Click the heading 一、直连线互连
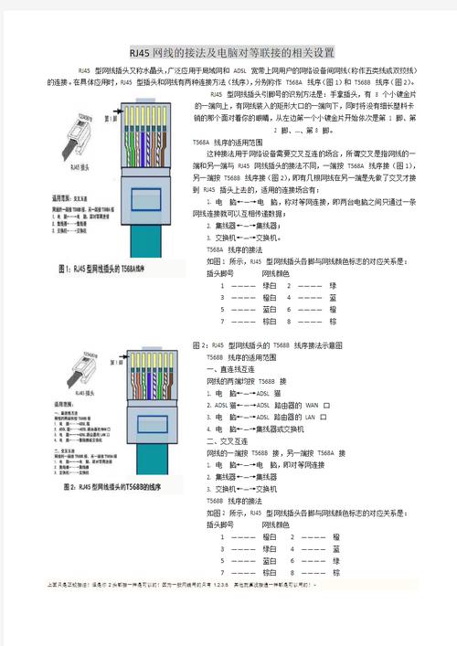pos(229,370)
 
